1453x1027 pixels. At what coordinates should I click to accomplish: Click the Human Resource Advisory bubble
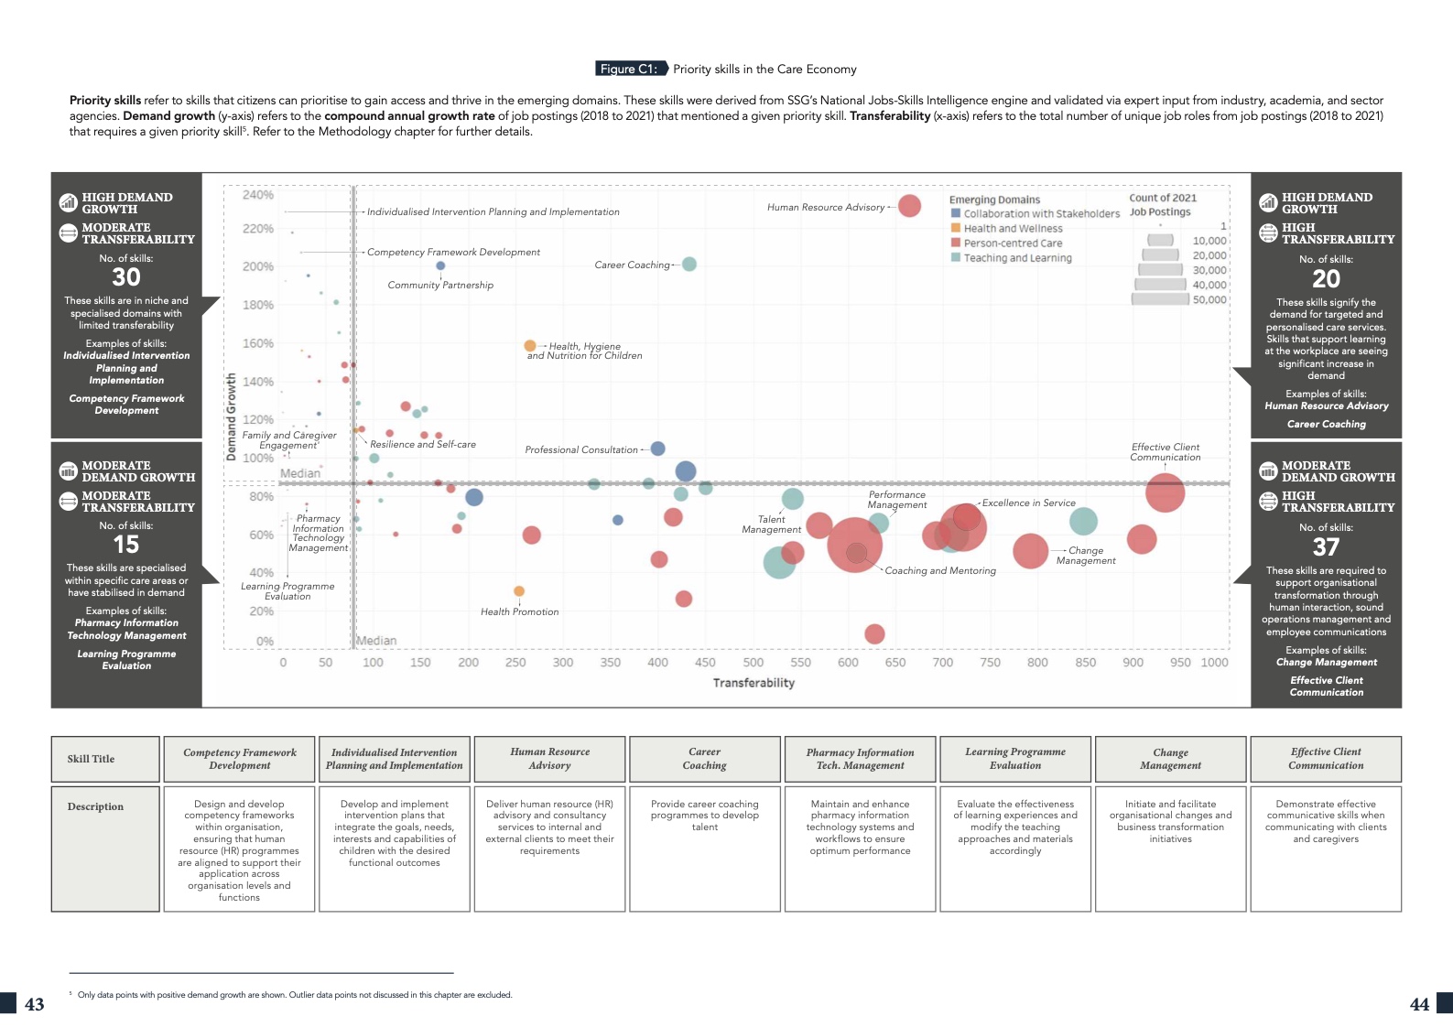tap(909, 206)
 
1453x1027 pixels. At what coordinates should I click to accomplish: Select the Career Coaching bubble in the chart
tap(689, 265)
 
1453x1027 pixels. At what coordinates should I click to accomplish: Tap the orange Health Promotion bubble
tap(519, 591)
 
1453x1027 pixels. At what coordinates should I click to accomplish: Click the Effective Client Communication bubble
tap(1165, 492)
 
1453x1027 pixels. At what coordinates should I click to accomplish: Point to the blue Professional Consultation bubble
tap(657, 449)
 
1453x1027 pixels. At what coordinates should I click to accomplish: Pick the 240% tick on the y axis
tap(258, 195)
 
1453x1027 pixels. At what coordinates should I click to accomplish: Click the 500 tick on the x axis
tap(754, 663)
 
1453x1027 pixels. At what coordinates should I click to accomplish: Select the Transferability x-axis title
tap(754, 683)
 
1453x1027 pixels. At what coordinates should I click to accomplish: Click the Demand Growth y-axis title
tap(231, 416)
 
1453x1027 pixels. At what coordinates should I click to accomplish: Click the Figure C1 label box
tap(629, 69)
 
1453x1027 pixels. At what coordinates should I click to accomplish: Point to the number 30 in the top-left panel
tap(126, 277)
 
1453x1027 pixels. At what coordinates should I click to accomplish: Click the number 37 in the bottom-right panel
tap(1326, 547)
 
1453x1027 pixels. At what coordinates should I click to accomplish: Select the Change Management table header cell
tap(1170, 759)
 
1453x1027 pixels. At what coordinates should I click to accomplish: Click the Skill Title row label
tap(92, 759)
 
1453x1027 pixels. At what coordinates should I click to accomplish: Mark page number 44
tap(1419, 1004)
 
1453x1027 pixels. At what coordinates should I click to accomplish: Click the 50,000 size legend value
tap(1209, 299)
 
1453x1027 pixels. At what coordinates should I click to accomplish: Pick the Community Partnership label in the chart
tap(440, 286)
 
